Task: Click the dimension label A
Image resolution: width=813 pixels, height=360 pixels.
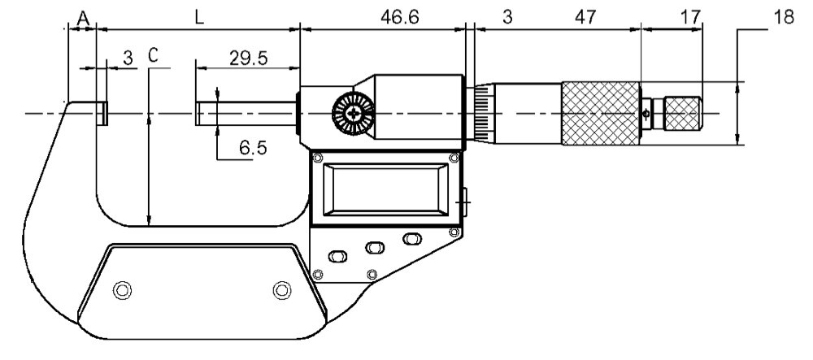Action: (84, 20)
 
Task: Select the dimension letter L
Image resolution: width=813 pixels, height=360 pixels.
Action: (200, 18)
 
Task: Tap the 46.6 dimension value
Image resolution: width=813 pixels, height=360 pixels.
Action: (399, 18)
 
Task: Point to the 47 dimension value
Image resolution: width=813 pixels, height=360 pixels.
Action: (585, 18)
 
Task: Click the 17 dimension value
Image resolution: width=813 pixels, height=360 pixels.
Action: (690, 18)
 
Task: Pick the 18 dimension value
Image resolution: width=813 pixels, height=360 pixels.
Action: (784, 18)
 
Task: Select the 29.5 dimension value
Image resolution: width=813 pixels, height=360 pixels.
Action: (248, 59)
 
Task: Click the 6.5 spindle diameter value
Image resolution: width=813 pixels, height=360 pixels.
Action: (253, 148)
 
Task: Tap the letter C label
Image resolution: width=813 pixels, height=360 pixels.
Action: (153, 55)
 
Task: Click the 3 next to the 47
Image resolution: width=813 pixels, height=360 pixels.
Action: (507, 18)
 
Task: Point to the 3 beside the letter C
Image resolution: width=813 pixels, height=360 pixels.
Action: (128, 58)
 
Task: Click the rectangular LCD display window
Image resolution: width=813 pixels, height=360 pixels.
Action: (385, 189)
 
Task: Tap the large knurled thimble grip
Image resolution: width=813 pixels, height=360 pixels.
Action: (601, 113)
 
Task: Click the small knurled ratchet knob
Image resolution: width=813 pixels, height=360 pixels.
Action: (683, 113)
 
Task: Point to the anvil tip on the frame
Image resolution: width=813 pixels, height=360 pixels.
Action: (102, 113)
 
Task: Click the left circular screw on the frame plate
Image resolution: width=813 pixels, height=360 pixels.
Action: (123, 289)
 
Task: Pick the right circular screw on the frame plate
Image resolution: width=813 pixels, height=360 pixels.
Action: (282, 289)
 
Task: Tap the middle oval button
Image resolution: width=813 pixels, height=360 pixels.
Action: (374, 248)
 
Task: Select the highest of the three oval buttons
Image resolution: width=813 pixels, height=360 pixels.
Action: (411, 239)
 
